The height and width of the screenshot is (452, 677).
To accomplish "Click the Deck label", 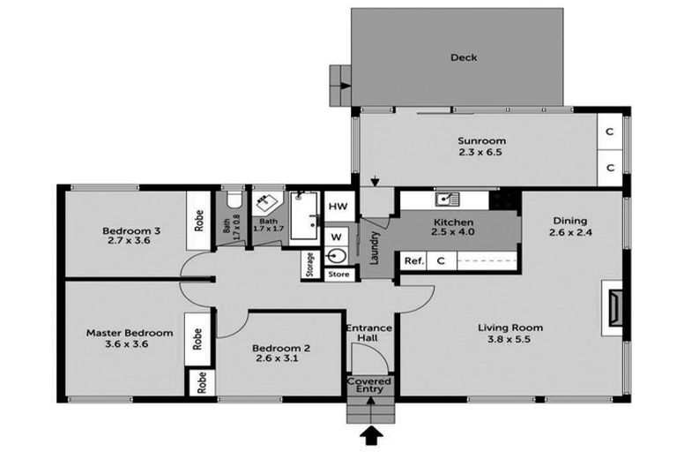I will click(x=464, y=57).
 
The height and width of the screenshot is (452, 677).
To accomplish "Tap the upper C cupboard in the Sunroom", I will click(x=610, y=132).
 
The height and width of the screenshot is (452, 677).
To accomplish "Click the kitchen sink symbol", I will click(x=447, y=200).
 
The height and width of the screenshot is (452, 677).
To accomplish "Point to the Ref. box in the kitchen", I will click(x=413, y=261).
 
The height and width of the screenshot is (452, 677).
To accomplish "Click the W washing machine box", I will click(x=336, y=236).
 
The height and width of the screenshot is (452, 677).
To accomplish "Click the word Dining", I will click(x=569, y=221).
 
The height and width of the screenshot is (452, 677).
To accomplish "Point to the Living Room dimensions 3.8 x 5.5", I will click(x=510, y=339).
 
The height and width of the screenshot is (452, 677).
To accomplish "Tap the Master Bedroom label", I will click(x=129, y=333).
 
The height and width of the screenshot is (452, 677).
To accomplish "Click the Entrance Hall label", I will click(x=369, y=333).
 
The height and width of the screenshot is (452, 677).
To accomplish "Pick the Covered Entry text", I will click(x=369, y=386).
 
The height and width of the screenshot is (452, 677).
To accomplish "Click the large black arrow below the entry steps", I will click(x=369, y=435).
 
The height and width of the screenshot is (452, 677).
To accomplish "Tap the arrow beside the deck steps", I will click(x=345, y=86).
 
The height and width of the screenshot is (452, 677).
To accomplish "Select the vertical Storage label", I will click(x=310, y=265).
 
